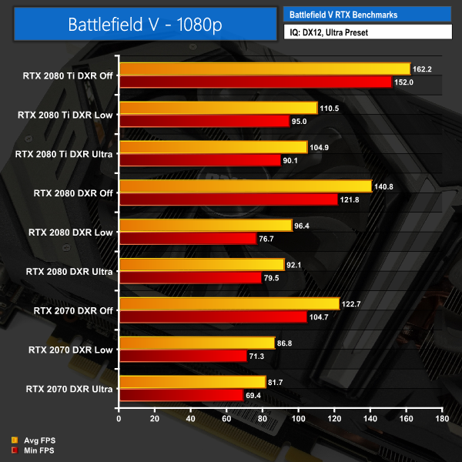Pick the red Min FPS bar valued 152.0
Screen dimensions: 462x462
point(255,82)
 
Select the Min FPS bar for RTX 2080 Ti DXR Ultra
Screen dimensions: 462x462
point(199,160)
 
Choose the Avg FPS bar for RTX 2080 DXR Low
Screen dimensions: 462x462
point(205,226)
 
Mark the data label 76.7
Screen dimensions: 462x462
point(269,239)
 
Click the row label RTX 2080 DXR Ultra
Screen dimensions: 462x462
point(70,271)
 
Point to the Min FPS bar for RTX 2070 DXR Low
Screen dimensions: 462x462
point(182,356)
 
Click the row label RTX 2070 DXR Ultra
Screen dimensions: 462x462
point(70,388)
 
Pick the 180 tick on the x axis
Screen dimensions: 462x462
point(441,420)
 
